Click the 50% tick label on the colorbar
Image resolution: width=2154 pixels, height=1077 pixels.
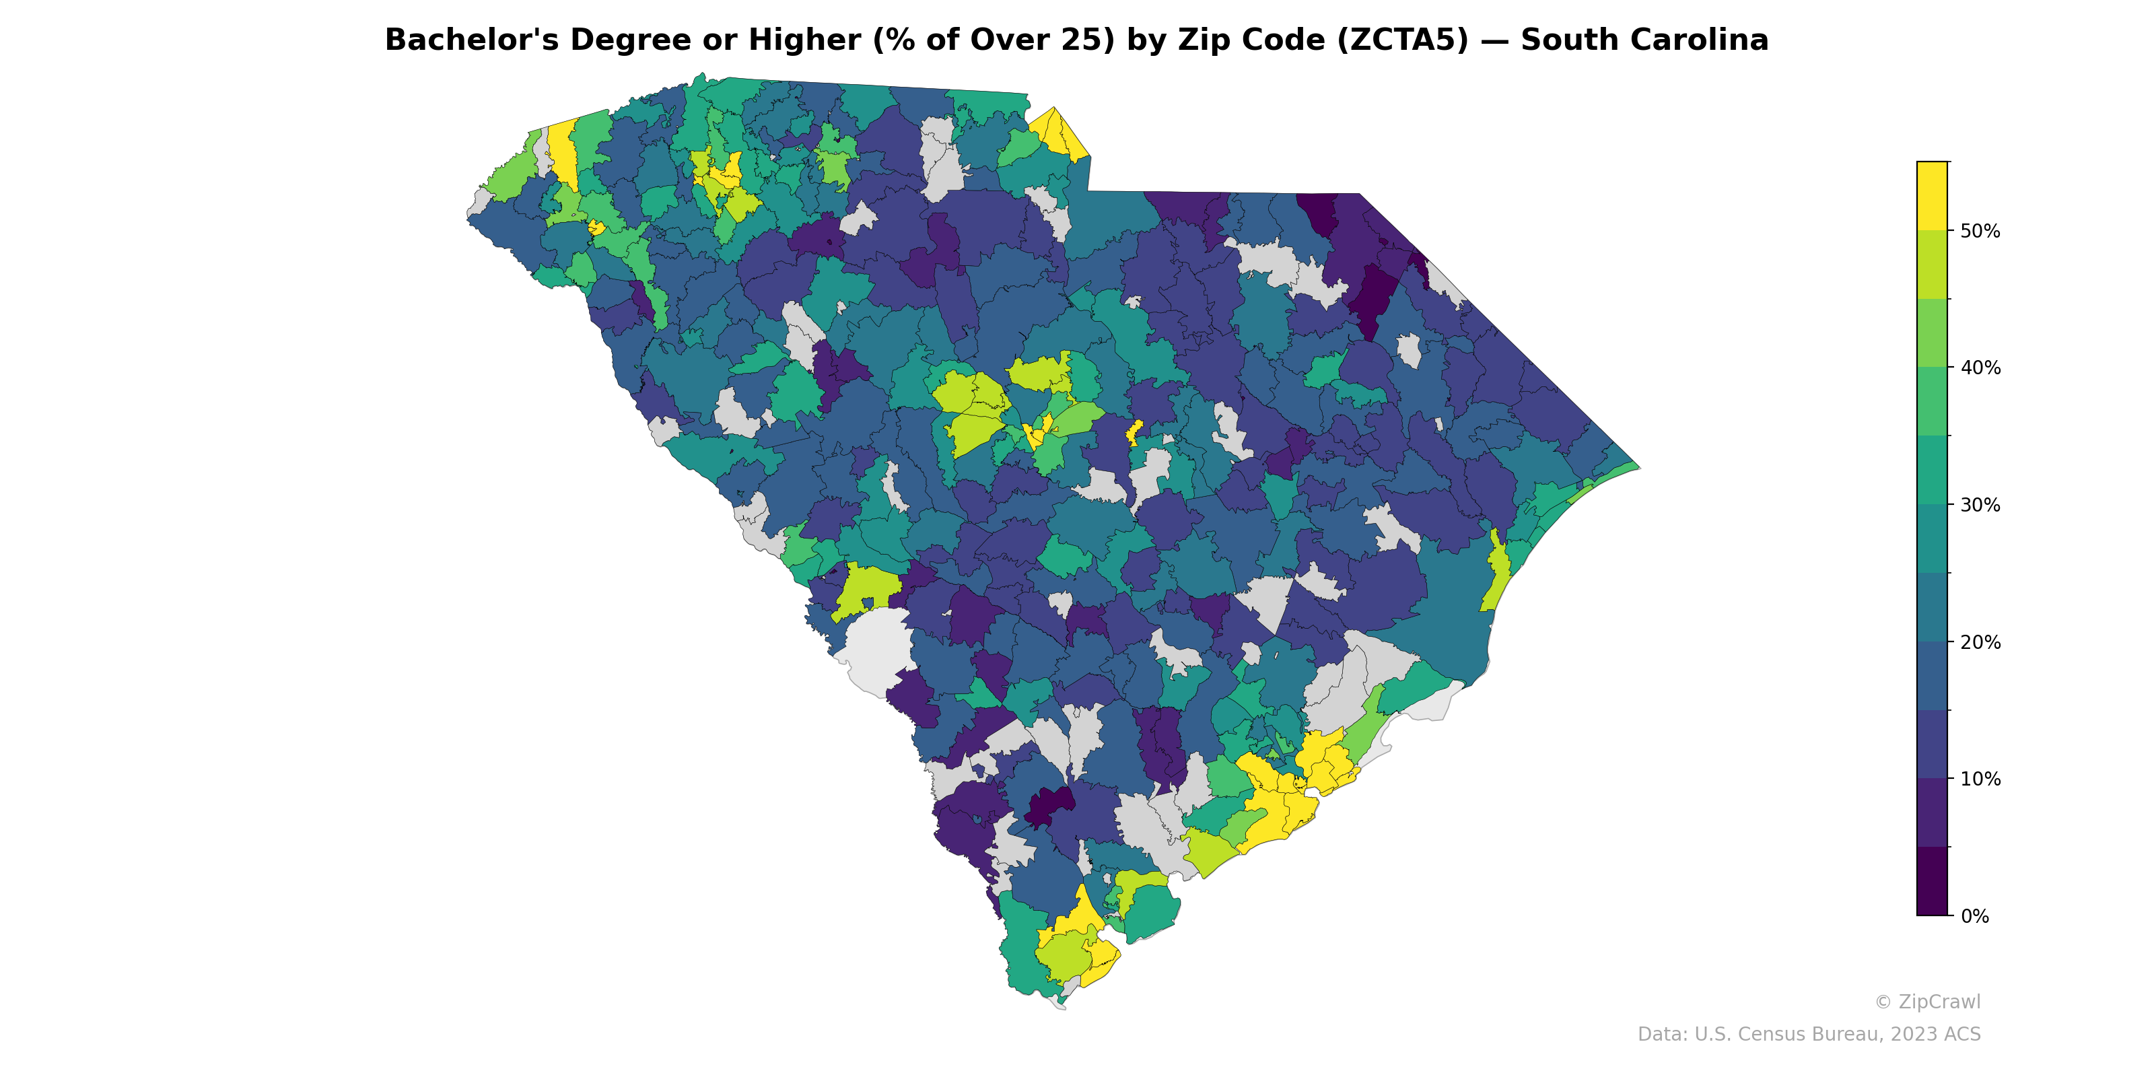click(1979, 231)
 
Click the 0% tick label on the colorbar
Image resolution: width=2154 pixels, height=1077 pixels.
click(1974, 915)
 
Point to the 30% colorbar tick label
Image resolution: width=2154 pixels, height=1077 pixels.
click(1979, 505)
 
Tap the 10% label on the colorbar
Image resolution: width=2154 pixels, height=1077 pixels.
click(1979, 779)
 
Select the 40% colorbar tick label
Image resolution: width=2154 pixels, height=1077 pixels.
click(1979, 368)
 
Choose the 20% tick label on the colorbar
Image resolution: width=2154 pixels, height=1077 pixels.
click(1979, 642)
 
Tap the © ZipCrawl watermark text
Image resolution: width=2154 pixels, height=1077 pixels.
click(1926, 1002)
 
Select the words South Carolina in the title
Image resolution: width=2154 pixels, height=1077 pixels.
click(1644, 40)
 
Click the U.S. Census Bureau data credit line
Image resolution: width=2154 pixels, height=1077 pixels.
click(1809, 1035)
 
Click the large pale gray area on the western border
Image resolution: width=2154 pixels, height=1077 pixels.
click(878, 652)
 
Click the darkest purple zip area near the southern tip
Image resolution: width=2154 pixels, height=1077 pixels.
click(1049, 805)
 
